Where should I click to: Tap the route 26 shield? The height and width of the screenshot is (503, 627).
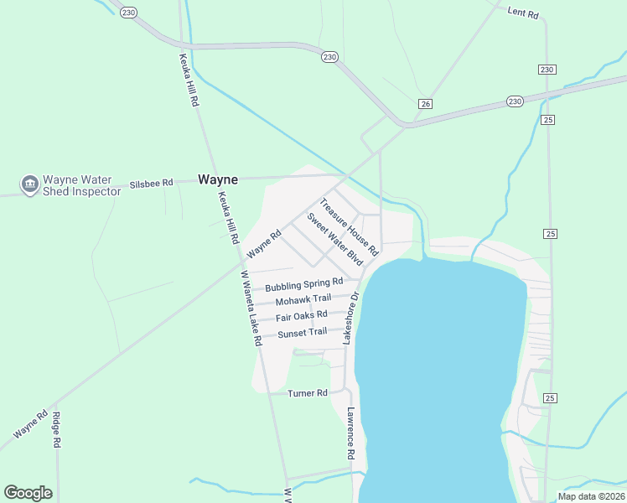(426, 103)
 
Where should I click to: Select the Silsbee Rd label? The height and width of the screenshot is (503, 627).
(151, 183)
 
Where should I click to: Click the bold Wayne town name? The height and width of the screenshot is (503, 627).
(218, 179)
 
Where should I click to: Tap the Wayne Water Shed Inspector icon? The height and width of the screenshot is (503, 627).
(29, 183)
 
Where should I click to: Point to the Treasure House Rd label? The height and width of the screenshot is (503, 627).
(349, 226)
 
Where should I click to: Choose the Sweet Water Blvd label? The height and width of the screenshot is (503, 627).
(334, 239)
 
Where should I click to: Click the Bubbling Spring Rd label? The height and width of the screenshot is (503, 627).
(304, 285)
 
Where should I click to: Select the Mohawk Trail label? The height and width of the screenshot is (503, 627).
(303, 299)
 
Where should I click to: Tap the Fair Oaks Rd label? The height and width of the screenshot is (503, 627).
(301, 316)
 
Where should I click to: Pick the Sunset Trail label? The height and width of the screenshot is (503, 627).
(302, 333)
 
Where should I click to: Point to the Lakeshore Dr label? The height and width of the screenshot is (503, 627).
(350, 319)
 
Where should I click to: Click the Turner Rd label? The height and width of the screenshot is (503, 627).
(307, 393)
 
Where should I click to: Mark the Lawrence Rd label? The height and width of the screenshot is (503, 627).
(351, 433)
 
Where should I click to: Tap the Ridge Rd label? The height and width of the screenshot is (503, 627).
(56, 428)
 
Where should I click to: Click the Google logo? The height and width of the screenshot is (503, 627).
(28, 493)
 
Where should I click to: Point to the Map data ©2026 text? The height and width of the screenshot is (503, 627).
(590, 496)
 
